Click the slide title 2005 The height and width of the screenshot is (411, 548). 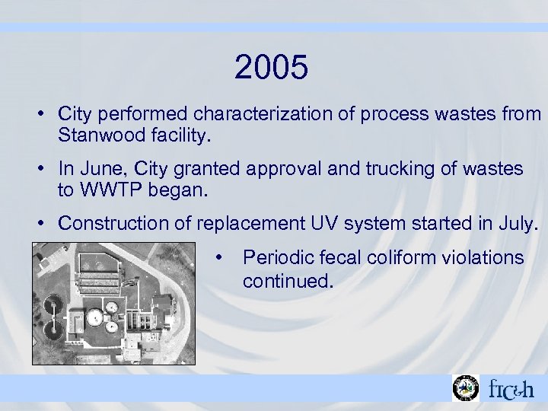pos(272,68)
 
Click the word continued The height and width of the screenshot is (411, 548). pos(288,282)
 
